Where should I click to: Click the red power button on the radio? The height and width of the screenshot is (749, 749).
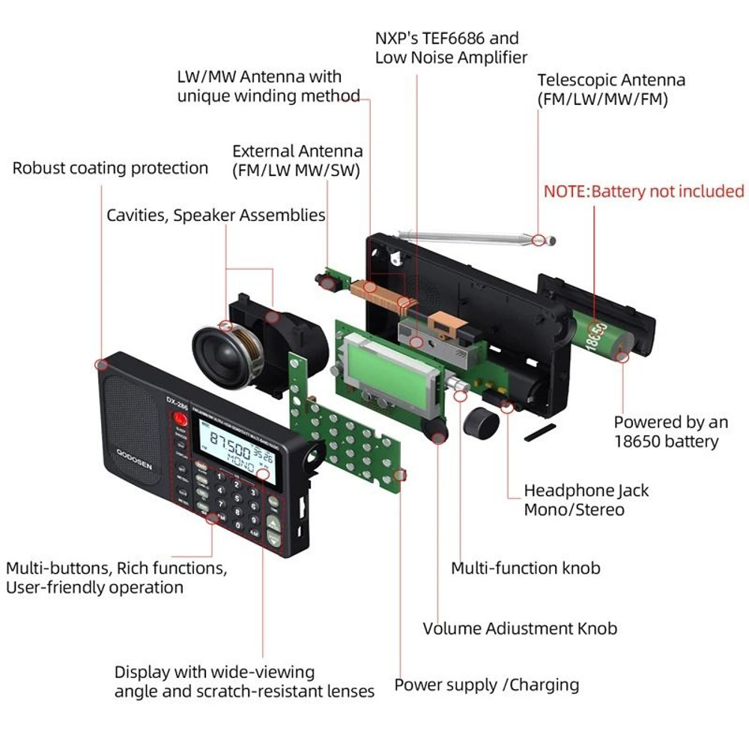(180, 419)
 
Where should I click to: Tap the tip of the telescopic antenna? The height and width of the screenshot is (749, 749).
(551, 240)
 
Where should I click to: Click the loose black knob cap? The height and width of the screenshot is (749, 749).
(480, 424)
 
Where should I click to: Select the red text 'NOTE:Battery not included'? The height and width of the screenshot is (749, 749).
(643, 191)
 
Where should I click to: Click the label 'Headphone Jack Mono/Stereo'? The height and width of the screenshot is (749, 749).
(586, 500)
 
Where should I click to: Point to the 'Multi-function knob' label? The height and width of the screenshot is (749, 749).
(525, 568)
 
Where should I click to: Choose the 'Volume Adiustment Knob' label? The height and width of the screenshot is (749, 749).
(520, 628)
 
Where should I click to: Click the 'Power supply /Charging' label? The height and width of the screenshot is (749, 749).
(486, 685)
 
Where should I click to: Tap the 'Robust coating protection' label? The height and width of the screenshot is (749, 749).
(110, 168)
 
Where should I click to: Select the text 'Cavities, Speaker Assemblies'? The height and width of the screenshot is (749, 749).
(216, 216)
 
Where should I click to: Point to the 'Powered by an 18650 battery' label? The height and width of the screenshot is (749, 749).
(666, 432)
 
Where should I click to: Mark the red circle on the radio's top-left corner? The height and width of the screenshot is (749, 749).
(100, 365)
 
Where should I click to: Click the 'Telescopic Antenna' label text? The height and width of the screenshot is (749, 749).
(611, 80)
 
